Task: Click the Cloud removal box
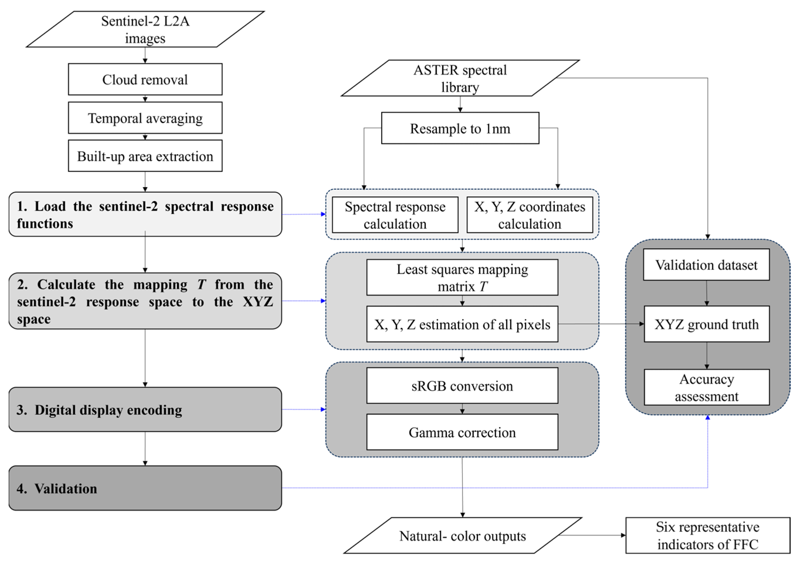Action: pos(145,79)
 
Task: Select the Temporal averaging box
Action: pos(145,118)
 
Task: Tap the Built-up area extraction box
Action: pos(145,156)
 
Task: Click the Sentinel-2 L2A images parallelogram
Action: pos(145,30)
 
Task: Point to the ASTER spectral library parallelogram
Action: pos(460,78)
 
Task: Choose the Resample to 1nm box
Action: pos(460,128)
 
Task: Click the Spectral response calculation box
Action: pos(395,215)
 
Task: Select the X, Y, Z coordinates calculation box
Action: pos(529,215)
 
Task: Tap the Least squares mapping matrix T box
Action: pos(462,278)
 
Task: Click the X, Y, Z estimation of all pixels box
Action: pos(462,324)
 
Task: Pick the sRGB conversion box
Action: pos(462,386)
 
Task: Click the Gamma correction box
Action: pos(462,432)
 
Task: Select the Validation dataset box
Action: pos(706,265)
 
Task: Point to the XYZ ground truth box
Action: pos(706,324)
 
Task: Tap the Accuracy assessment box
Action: pos(706,387)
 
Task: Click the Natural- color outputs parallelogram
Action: pos(462,536)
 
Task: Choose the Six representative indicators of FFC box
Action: pos(708,536)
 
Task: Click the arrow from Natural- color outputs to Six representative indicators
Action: pos(592,535)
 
